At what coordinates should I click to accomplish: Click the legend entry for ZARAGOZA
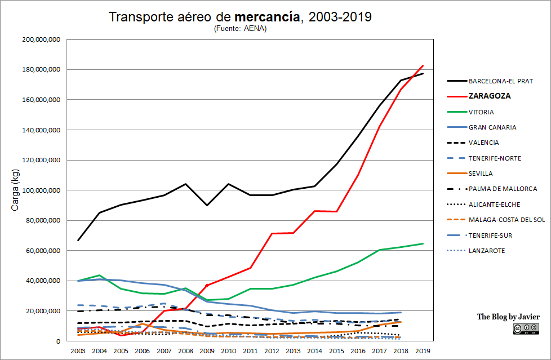(x=489, y=96)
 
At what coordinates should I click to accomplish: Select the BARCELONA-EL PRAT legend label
(x=500, y=81)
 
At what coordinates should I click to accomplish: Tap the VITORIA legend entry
(x=481, y=112)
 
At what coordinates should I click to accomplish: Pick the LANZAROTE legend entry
(x=486, y=251)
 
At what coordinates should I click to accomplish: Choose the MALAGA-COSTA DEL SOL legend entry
(x=506, y=220)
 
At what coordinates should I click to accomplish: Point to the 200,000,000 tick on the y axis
(x=41, y=39)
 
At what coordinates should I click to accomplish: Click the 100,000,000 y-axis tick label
(x=41, y=190)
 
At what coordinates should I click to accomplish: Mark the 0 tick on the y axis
(x=58, y=341)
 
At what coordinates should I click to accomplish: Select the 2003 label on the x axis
(x=78, y=351)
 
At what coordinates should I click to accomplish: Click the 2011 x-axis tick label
(x=250, y=351)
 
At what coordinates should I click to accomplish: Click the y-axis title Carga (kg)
(x=15, y=190)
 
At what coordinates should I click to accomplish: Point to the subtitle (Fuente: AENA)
(x=240, y=29)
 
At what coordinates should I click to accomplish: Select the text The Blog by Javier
(x=508, y=317)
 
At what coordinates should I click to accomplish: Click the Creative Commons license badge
(x=525, y=329)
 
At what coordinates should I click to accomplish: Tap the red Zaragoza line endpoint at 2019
(x=423, y=65)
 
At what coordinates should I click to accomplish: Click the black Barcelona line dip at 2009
(x=207, y=205)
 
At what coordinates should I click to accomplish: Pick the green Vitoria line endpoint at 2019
(x=423, y=243)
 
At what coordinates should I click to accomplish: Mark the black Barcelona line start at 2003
(x=78, y=241)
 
